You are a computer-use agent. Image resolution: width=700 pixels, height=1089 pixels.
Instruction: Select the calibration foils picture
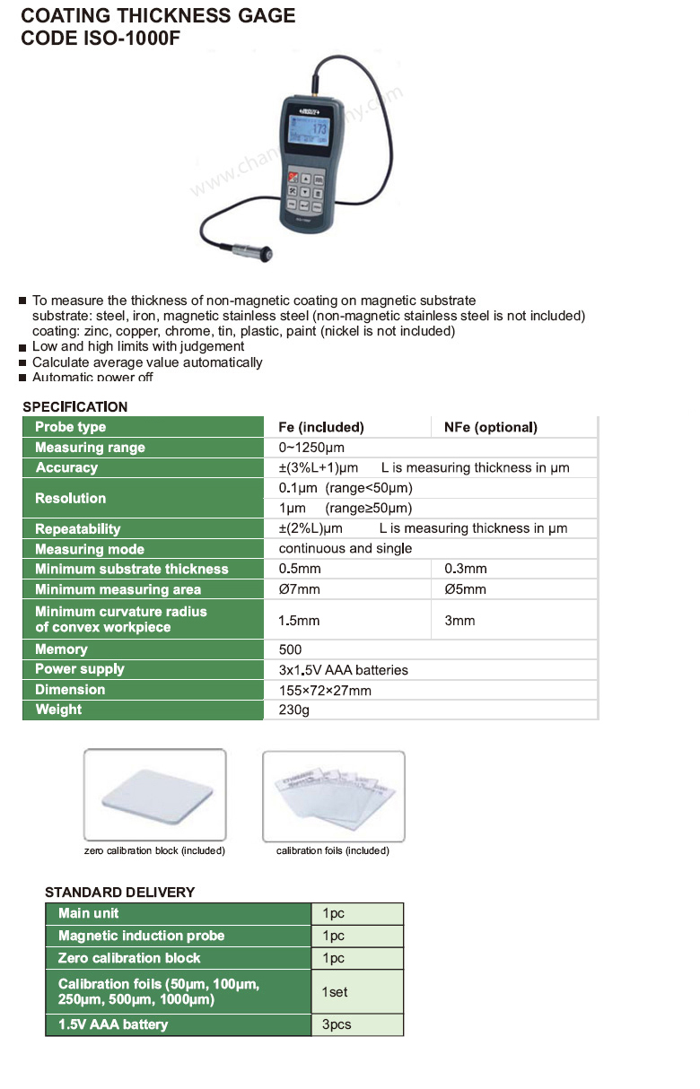point(334,796)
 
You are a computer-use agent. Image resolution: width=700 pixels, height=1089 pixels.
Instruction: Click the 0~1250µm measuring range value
point(311,448)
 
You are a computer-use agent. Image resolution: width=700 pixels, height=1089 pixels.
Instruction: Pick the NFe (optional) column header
point(490,427)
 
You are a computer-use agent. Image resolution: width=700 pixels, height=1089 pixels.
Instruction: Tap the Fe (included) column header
point(320,427)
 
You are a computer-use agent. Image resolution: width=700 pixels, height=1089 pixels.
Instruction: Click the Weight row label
point(58,710)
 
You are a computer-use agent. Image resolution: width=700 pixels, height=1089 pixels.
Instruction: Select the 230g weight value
point(293,710)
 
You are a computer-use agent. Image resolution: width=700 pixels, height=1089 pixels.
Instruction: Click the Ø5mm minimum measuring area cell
point(465,589)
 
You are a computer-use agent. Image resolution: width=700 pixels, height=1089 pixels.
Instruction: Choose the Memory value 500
point(291,649)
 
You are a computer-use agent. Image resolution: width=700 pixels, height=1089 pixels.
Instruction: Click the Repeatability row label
point(77,529)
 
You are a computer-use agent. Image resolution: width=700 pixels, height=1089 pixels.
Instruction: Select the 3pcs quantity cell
point(337,1024)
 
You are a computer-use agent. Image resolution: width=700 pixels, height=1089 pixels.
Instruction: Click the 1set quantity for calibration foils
point(335,992)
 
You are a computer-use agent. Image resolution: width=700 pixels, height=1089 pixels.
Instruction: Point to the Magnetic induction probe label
point(141,936)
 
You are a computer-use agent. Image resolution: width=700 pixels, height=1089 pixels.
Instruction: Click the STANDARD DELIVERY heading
point(119,893)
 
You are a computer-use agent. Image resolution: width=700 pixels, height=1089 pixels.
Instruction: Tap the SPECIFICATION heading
point(75,406)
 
